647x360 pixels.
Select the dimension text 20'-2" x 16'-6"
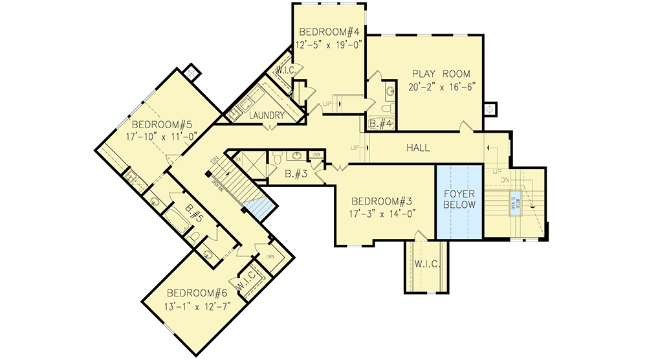(442, 89)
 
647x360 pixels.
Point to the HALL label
(418, 148)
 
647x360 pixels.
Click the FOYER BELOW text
(459, 199)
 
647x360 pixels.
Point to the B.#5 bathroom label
(195, 214)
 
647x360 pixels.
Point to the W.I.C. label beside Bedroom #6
(248, 281)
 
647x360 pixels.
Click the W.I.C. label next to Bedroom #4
(286, 70)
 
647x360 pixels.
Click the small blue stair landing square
(261, 207)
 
